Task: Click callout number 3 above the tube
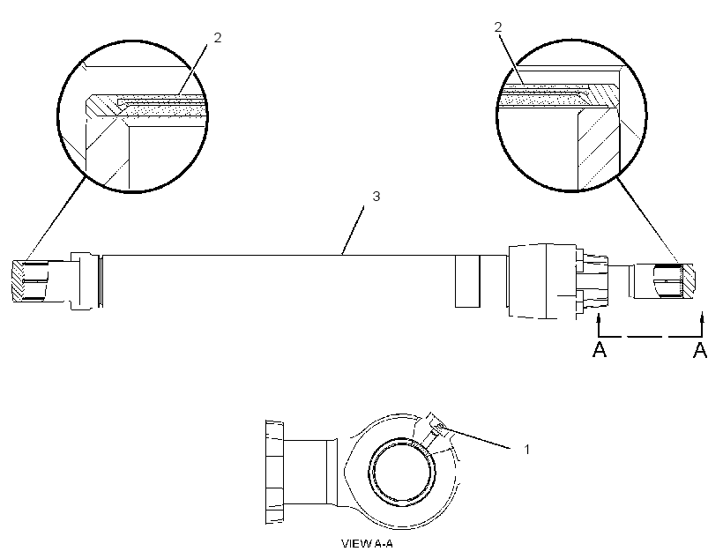376,197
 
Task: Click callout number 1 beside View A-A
527,450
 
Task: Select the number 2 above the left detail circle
218,38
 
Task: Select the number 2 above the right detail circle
498,27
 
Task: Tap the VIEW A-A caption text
367,544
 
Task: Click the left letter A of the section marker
600,350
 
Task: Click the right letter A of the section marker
700,350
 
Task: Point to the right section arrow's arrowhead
702,317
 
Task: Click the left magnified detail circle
58,116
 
